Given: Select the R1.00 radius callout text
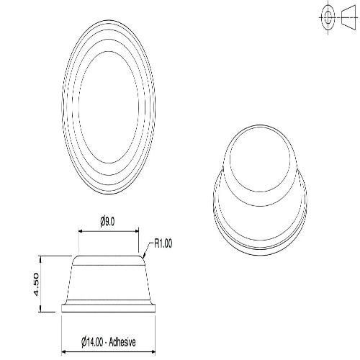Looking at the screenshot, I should [x=163, y=243].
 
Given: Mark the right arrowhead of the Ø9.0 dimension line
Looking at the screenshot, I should [x=137, y=231].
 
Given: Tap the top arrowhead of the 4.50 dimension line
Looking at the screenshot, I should [x=42, y=258].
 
